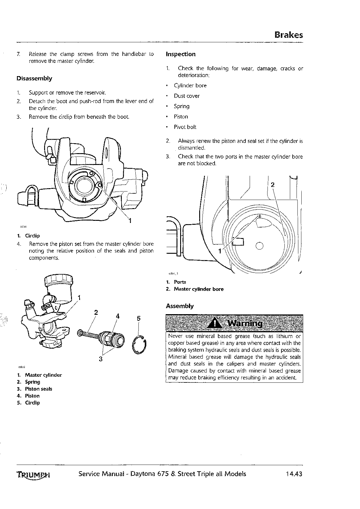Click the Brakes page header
click(288, 35)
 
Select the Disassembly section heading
click(34, 79)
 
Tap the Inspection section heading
click(181, 54)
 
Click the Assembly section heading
click(180, 306)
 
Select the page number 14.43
click(294, 474)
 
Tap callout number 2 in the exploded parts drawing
click(96, 312)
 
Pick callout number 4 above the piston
click(118, 316)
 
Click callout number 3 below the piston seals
click(101, 359)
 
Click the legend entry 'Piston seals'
click(38, 389)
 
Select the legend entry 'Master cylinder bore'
click(199, 289)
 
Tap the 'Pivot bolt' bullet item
click(185, 127)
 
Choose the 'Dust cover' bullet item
click(186, 96)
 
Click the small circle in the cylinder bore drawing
click(259, 246)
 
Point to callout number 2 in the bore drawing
click(273, 185)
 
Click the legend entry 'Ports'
click(180, 282)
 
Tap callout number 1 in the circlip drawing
click(130, 221)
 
